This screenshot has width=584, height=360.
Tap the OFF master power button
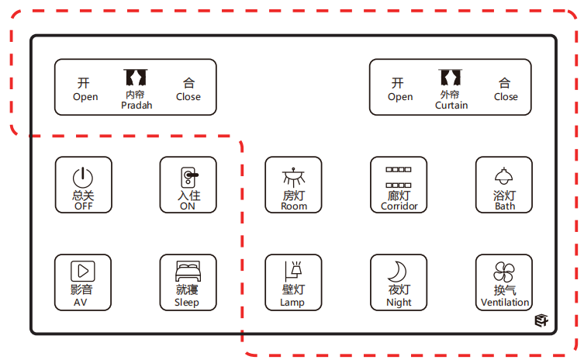click(x=83, y=185)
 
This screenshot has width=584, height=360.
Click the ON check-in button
click(x=188, y=185)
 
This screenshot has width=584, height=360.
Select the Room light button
click(x=293, y=185)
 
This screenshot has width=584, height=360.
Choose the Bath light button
click(x=504, y=185)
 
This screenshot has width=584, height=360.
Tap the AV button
click(x=83, y=282)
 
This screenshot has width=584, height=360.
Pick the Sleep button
click(x=188, y=282)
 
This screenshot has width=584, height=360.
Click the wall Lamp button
click(x=293, y=282)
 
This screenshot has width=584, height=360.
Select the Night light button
click(x=399, y=282)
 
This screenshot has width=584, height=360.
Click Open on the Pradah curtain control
click(x=85, y=88)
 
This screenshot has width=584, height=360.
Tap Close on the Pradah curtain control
click(x=188, y=88)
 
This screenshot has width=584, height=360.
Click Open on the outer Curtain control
click(x=399, y=88)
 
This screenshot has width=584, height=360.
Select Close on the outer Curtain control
click(x=505, y=88)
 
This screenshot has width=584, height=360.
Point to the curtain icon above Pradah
click(x=136, y=78)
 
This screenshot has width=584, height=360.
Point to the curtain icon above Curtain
click(x=451, y=78)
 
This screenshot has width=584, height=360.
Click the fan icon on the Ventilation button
click(x=504, y=272)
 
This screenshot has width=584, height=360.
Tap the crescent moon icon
click(x=398, y=272)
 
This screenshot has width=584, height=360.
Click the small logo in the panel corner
click(x=541, y=320)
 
